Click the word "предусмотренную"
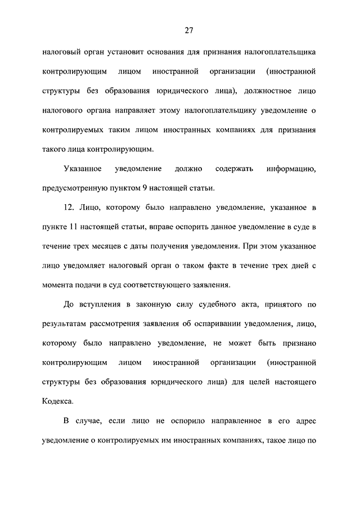(75, 188)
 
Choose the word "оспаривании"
(211, 324)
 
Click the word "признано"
(296, 343)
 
